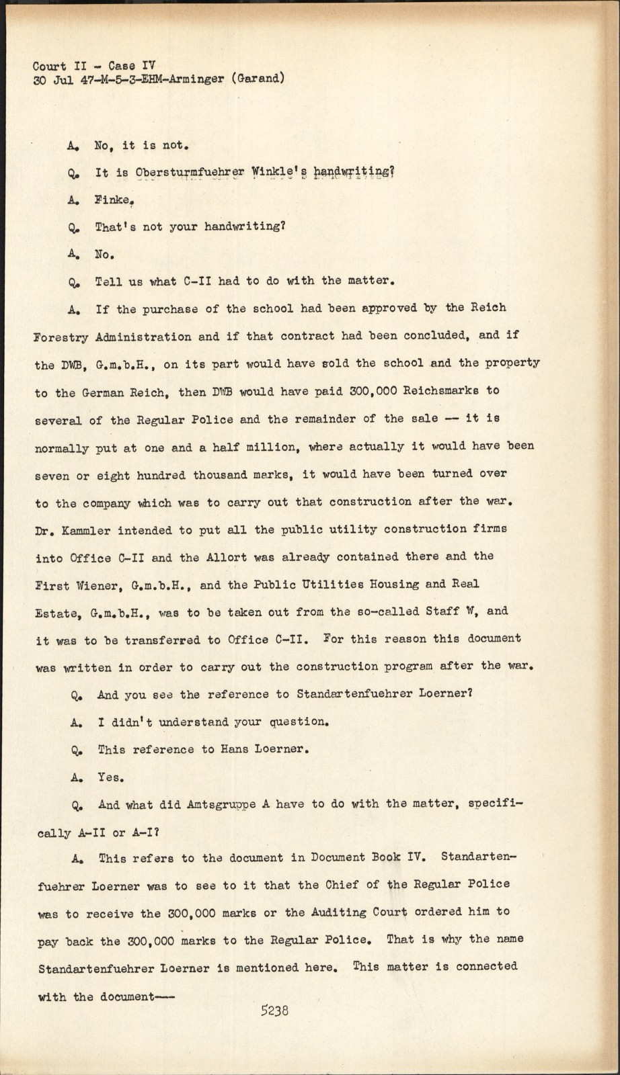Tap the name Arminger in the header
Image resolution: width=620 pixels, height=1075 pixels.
click(x=200, y=79)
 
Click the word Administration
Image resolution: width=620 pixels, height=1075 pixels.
click(x=142, y=336)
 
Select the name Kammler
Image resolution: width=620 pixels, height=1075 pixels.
click(x=83, y=529)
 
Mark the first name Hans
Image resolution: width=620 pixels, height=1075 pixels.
click(x=235, y=749)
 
